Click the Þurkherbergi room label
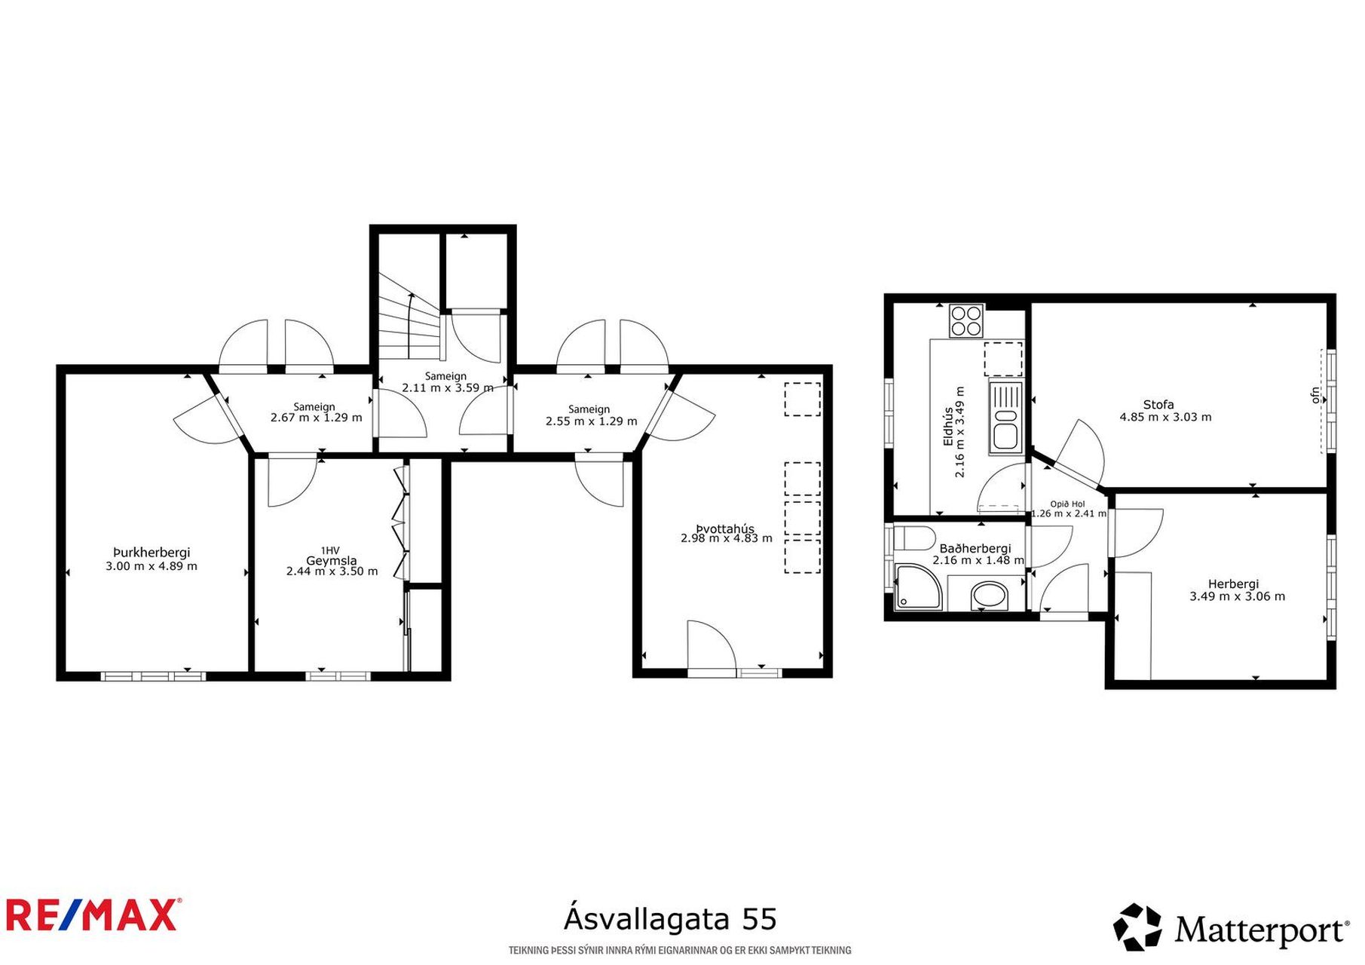pyautogui.click(x=151, y=553)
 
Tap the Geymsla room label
pyautogui.click(x=332, y=560)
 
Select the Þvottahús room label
pyautogui.click(x=725, y=528)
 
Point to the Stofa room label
pyautogui.click(x=1158, y=405)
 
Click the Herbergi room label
pyautogui.click(x=1233, y=584)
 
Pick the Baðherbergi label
pyautogui.click(x=975, y=549)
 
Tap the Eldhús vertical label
pyautogui.click(x=947, y=427)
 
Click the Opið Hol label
pyautogui.click(x=1067, y=504)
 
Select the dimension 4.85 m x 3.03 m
pyautogui.click(x=1165, y=417)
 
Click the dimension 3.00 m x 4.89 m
pyautogui.click(x=151, y=566)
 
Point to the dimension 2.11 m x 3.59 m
pyautogui.click(x=448, y=388)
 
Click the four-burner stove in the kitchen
pyautogui.click(x=966, y=320)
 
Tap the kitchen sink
pyautogui.click(x=1005, y=417)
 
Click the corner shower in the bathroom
pyautogui.click(x=917, y=587)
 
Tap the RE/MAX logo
pyautogui.click(x=93, y=915)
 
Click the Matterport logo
pyautogui.click(x=1231, y=927)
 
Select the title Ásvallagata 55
pyautogui.click(x=670, y=919)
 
